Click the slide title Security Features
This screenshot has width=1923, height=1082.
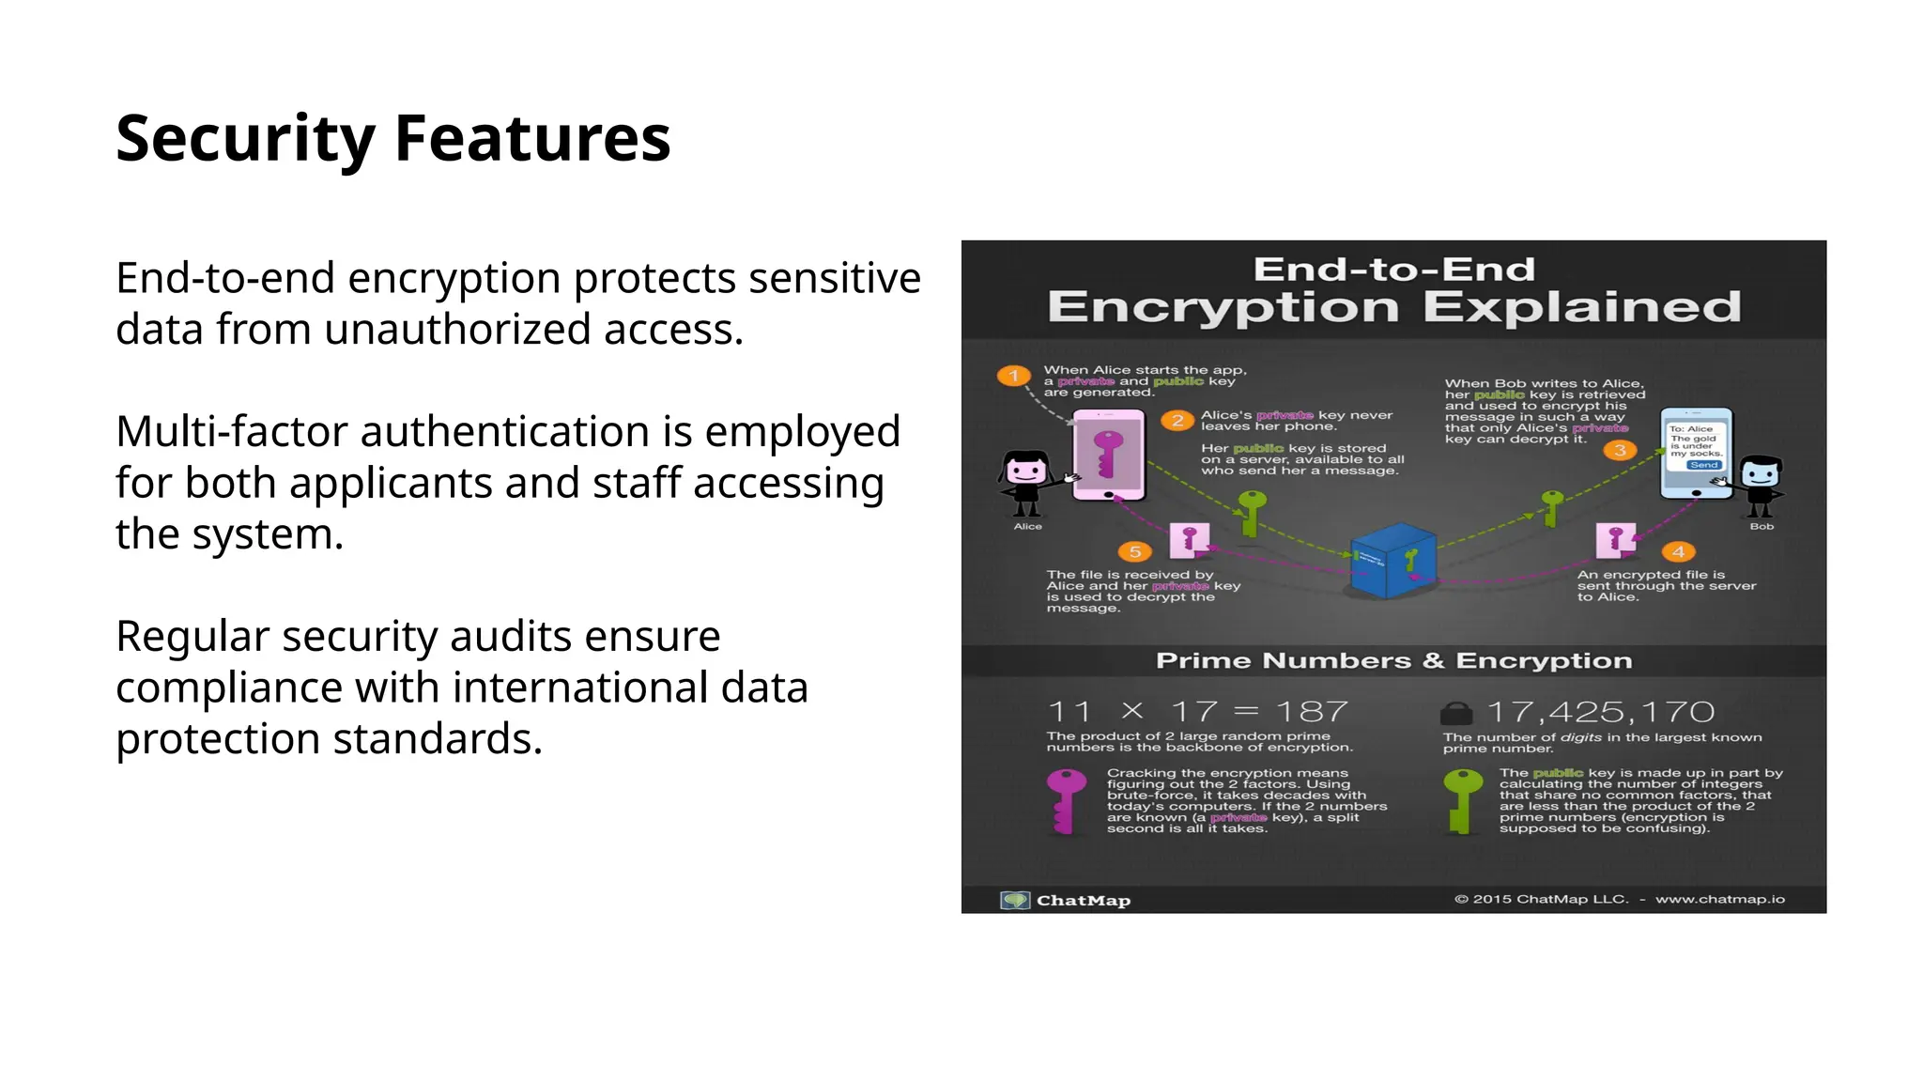point(392,138)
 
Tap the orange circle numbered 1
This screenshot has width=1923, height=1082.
point(1013,376)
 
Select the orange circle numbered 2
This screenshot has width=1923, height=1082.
point(1177,421)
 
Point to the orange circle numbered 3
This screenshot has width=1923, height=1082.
point(1620,451)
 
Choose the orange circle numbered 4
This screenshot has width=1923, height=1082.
point(1678,551)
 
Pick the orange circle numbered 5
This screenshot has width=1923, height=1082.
point(1134,551)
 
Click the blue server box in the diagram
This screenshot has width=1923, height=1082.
point(1392,561)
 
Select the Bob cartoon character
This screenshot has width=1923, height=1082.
point(1760,485)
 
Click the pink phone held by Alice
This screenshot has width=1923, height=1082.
point(1109,455)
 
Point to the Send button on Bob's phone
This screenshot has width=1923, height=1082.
point(1703,465)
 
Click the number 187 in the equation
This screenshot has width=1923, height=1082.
point(1312,712)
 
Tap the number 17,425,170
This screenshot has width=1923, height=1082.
point(1601,712)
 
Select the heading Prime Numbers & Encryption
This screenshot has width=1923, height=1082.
point(1393,661)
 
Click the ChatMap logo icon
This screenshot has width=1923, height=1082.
point(1014,900)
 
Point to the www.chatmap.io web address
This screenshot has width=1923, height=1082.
point(1719,899)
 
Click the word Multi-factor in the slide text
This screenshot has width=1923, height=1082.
point(231,432)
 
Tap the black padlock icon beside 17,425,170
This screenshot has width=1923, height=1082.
point(1456,713)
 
